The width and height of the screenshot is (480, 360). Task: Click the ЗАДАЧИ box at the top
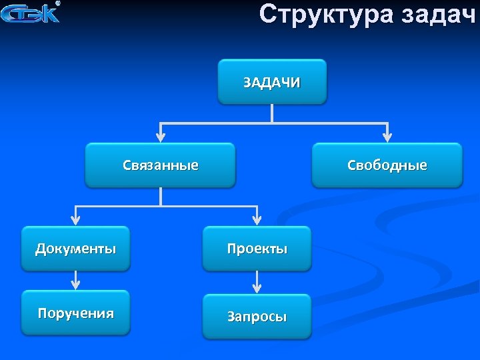point(272,81)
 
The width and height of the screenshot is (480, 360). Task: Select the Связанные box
point(160,165)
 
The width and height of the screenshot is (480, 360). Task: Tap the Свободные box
point(387,165)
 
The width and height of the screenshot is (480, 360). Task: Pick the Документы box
point(75,249)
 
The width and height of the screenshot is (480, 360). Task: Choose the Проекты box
point(257,249)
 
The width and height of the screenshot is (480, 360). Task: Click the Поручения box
point(75,313)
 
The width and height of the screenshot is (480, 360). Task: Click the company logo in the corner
point(31,13)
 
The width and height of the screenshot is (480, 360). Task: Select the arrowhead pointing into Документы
point(75,219)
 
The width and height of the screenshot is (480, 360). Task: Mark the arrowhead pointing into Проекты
point(257,219)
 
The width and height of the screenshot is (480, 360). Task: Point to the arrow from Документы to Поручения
point(75,280)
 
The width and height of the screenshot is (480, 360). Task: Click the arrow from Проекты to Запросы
point(257,282)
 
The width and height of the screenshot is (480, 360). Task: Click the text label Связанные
point(160,165)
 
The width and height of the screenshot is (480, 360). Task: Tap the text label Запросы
point(257,317)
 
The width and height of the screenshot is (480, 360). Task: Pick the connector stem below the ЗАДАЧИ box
point(272,113)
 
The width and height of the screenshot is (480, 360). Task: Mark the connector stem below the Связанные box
point(160,196)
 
